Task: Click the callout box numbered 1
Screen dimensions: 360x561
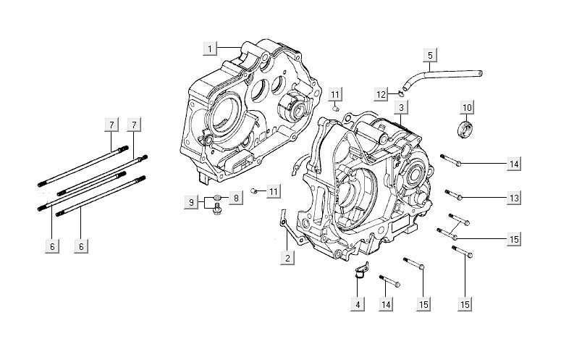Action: [x=210, y=48]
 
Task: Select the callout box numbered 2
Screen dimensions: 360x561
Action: [x=287, y=258]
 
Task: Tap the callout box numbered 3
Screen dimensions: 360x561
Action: [x=400, y=107]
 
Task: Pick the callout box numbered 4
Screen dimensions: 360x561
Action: [x=357, y=304]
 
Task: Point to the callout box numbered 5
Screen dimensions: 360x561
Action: [x=429, y=55]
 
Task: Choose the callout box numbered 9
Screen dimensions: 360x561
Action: [x=191, y=203]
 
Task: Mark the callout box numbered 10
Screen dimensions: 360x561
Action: [x=466, y=108]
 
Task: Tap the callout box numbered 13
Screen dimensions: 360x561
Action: [x=513, y=198]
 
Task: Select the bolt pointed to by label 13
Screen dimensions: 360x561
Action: [x=455, y=194]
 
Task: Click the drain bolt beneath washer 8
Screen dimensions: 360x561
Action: [x=216, y=211]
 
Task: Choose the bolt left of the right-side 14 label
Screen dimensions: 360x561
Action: [x=450, y=159]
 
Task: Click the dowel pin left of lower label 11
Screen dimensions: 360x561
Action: [x=255, y=191]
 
